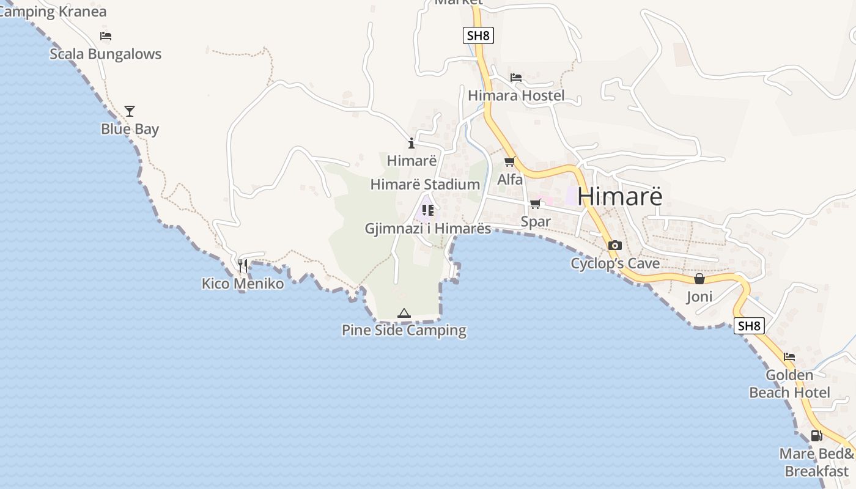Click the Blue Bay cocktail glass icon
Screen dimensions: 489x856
[x=130, y=111]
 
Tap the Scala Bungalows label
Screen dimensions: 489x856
[x=105, y=54]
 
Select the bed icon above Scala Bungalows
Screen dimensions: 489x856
[x=106, y=36]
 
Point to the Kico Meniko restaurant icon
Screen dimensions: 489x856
[x=243, y=266]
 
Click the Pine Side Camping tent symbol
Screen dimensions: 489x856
[x=404, y=314]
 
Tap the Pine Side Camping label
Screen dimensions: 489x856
[x=404, y=330]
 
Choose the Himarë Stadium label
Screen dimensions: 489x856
[x=425, y=184]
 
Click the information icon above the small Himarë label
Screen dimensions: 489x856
[x=411, y=144]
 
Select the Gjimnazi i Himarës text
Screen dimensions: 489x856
[x=428, y=228]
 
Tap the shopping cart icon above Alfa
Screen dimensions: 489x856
[x=509, y=162]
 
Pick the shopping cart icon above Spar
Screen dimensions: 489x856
[x=536, y=204]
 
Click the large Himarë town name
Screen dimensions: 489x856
[x=619, y=196]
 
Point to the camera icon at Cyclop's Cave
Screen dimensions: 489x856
[x=615, y=246]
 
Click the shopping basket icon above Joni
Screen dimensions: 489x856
[x=699, y=279]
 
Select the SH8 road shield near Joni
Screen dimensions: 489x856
[x=749, y=326]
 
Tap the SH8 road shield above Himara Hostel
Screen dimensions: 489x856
[x=478, y=35]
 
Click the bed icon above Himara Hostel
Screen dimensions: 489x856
[x=516, y=78]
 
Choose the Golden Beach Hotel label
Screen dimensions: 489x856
[x=789, y=384]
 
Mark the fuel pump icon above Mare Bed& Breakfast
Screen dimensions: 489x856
[x=816, y=436]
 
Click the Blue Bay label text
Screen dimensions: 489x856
[x=130, y=129]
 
